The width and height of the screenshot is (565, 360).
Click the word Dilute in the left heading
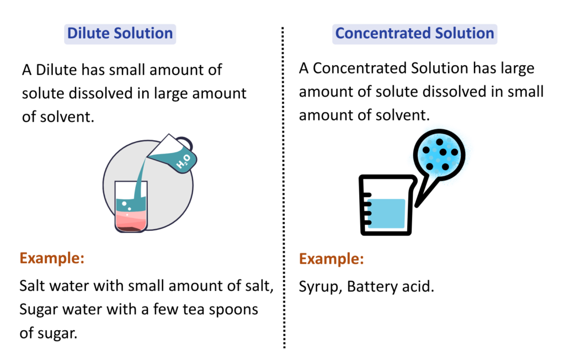point(88,34)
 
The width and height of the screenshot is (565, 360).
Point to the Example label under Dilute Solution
point(52,258)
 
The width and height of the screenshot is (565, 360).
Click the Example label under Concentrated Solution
point(332,258)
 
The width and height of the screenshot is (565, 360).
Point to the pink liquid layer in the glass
point(131,218)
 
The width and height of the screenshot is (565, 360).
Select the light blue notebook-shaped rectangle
point(388,214)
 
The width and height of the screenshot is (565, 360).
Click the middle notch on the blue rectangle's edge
point(369,214)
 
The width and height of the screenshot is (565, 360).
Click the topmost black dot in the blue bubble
point(439,142)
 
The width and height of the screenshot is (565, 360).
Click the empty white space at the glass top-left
point(120,190)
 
